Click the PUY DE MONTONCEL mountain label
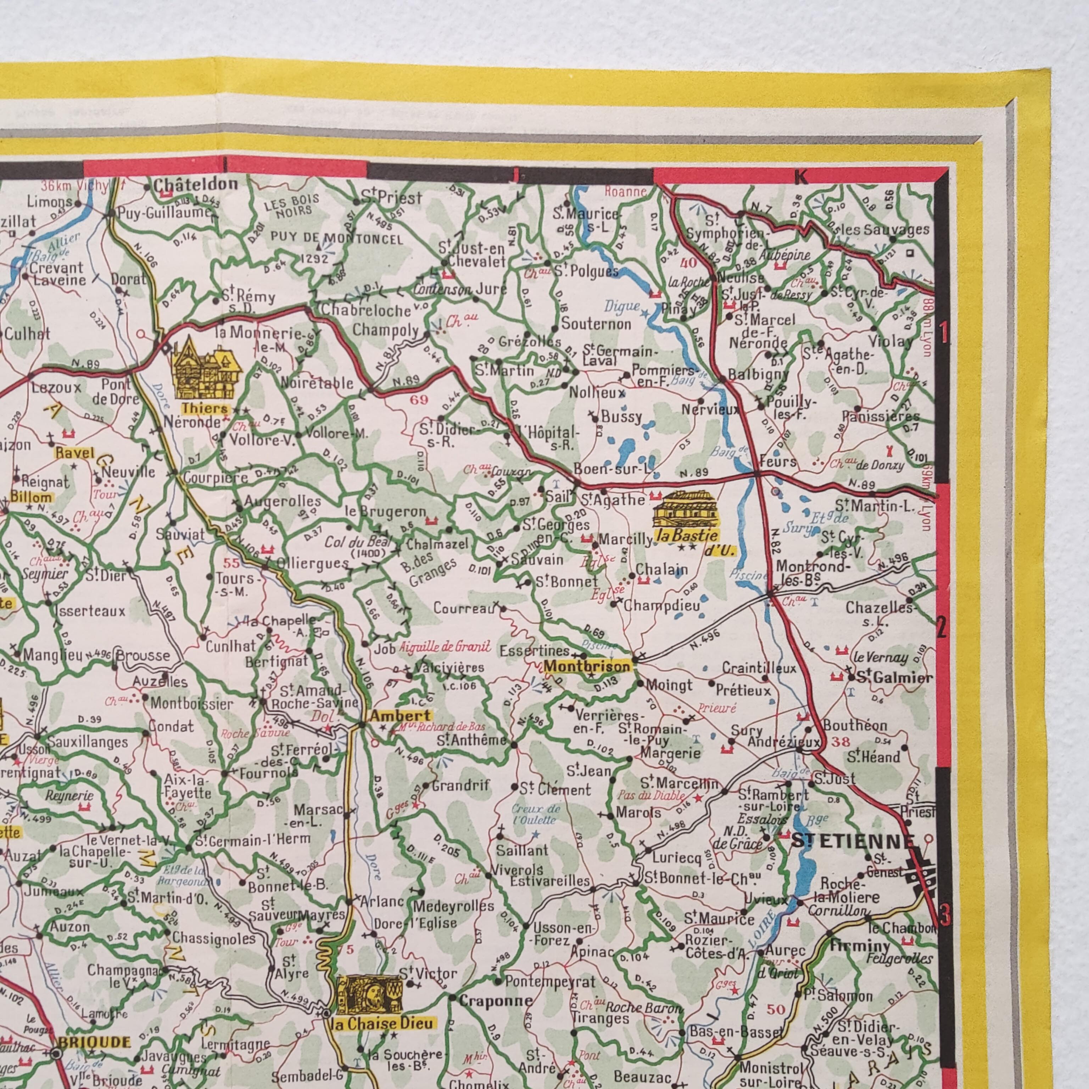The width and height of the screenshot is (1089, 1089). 336,239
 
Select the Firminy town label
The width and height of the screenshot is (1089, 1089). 860,945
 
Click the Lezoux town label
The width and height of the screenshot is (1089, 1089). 56,388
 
